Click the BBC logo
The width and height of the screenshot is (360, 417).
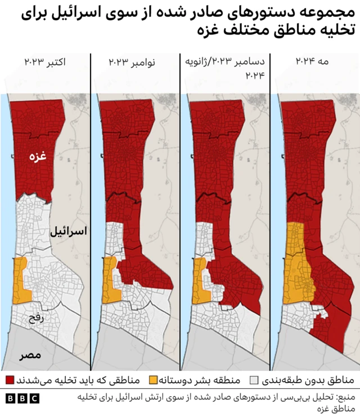[23, 398]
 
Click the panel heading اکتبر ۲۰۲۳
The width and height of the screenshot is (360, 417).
[45, 61]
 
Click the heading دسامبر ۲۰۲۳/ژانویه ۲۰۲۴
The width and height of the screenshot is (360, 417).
[225, 68]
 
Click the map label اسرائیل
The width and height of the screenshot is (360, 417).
[67, 231]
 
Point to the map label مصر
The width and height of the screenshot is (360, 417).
[30, 356]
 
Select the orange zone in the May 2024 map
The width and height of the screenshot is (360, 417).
[297, 264]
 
